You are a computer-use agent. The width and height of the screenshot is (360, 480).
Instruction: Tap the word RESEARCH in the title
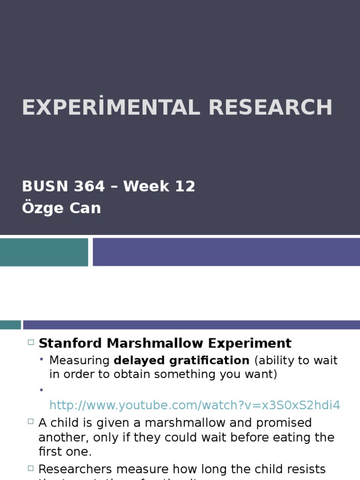pyautogui.click(x=270, y=107)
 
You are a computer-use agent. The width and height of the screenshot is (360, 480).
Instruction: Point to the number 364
pyautogui.click(x=89, y=187)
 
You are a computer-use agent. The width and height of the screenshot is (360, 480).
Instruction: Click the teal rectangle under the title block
pyautogui.click(x=44, y=252)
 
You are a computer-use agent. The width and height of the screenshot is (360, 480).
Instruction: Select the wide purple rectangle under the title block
pyautogui.click(x=226, y=252)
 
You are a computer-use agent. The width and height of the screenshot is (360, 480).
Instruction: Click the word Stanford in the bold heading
pyautogui.click(x=70, y=343)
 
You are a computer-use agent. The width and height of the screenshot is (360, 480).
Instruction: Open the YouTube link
pyautogui.click(x=195, y=405)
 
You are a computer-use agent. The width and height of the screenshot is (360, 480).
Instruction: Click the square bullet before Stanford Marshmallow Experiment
pyautogui.click(x=31, y=343)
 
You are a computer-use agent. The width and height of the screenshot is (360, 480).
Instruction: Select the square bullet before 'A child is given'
pyautogui.click(x=31, y=422)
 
